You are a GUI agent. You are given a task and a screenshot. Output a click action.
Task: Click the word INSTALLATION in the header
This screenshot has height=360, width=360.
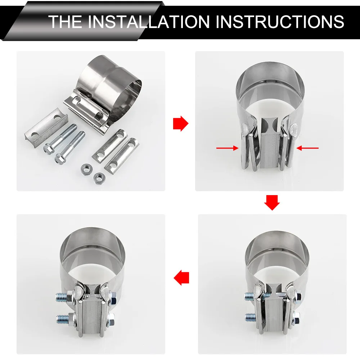point(149,22)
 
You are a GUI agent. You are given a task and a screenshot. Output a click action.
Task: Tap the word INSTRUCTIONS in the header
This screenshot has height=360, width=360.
point(280,22)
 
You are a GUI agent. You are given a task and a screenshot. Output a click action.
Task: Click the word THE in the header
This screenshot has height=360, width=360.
point(65,22)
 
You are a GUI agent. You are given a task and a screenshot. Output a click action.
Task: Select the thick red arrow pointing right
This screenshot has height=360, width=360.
point(181,123)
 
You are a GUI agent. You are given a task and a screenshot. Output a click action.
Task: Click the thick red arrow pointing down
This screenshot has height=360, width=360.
point(272,203)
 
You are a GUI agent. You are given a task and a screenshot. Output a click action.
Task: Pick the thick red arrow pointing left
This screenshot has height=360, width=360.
point(181,278)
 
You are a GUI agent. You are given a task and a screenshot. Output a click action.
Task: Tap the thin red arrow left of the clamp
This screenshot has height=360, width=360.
point(227,148)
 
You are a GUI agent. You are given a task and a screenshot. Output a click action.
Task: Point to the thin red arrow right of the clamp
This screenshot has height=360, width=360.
point(307,148)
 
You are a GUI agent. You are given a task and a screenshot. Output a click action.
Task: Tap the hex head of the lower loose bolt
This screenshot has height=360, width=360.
point(60,158)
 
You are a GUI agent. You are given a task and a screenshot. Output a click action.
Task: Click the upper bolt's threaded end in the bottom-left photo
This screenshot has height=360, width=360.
point(62,297)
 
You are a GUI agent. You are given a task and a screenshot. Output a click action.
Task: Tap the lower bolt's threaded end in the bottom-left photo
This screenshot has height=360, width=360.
point(62,318)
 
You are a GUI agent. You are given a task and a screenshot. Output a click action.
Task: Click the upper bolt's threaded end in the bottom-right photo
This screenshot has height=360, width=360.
point(250,296)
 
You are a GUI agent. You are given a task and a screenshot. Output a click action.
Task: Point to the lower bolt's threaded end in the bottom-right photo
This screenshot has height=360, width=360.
point(251,317)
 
